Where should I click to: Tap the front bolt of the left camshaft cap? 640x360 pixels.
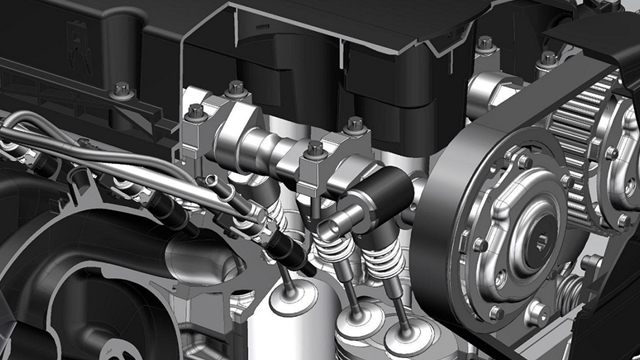[x=196, y=113]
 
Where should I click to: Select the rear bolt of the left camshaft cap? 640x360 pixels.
[x=237, y=89]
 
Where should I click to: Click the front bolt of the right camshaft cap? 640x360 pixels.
[x=315, y=150]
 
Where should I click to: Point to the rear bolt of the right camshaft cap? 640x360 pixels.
[x=354, y=125]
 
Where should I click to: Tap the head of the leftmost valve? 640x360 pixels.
[x=294, y=300]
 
